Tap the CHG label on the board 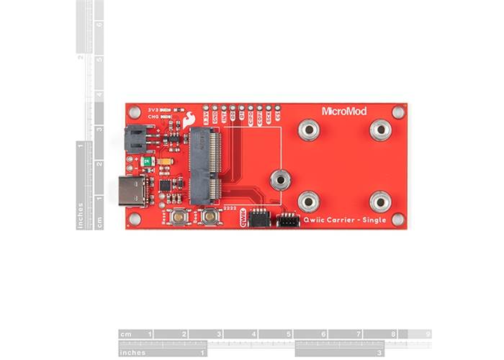(153, 116)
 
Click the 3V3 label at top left (153, 108)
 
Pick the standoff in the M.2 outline (280, 179)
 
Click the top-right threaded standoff (380, 130)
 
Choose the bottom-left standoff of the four (309, 201)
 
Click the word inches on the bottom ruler (134, 353)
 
